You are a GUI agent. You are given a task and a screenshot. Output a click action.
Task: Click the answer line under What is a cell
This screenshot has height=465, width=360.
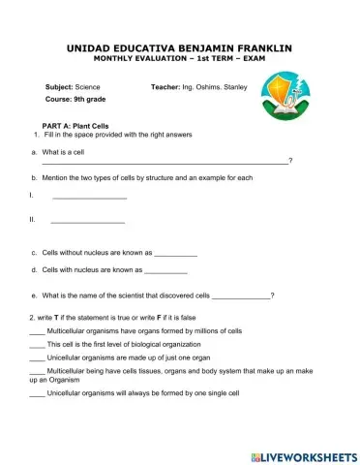tap(165, 162)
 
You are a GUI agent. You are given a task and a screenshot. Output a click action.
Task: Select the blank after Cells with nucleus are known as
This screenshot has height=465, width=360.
tap(165, 272)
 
